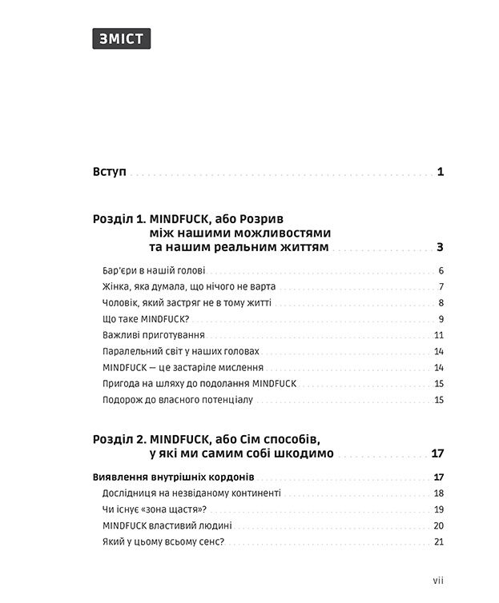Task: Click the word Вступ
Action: (110, 172)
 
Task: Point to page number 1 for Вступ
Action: (441, 172)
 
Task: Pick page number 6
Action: (441, 270)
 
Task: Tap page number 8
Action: (441, 303)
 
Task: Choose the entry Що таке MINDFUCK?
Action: (151, 319)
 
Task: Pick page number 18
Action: (438, 493)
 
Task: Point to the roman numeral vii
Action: (437, 581)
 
